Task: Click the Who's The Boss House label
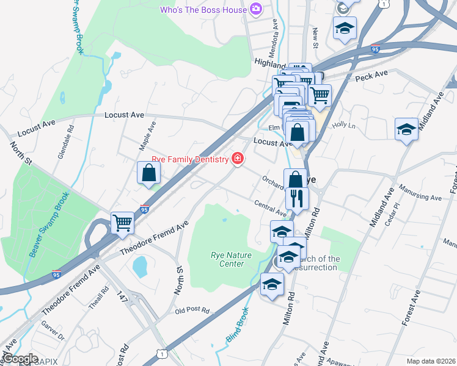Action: [x=203, y=10]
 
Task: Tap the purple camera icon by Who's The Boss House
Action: [x=255, y=10]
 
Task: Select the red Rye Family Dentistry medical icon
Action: [x=236, y=159]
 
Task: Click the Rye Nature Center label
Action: [x=227, y=259]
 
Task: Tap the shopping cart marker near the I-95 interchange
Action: [x=123, y=223]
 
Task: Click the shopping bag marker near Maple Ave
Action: [x=148, y=173]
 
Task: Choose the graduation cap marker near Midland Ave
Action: [x=406, y=129]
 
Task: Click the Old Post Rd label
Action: [x=192, y=310]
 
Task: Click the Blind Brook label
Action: [x=237, y=324]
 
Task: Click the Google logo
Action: [x=20, y=359]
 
